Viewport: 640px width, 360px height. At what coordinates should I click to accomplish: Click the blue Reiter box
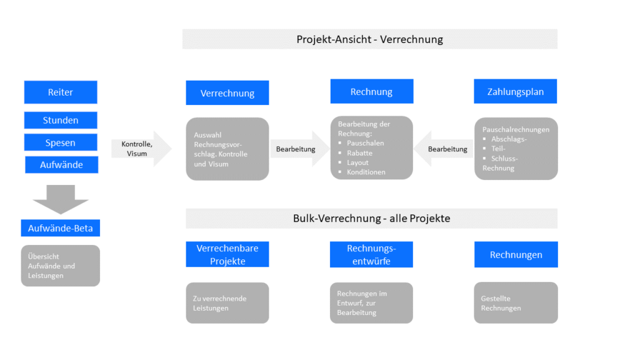tap(61, 92)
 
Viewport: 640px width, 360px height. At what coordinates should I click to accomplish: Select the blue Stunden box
tap(61, 120)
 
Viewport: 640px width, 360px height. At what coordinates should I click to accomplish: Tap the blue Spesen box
tap(61, 142)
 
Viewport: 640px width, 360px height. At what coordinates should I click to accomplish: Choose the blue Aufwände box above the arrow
tap(61, 165)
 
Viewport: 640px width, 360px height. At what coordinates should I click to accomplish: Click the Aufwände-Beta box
tap(60, 228)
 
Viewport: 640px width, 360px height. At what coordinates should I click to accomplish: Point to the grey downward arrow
tap(61, 199)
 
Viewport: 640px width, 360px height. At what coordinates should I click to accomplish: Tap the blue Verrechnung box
tap(227, 93)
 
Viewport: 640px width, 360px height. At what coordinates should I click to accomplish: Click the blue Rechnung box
tap(371, 92)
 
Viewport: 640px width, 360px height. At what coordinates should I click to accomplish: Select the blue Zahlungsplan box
tap(515, 92)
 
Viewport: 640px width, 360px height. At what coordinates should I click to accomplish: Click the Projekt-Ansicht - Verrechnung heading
tap(369, 39)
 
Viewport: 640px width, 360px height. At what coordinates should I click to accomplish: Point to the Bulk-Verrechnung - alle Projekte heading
tap(371, 219)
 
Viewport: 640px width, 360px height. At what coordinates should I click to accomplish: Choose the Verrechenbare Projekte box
tap(227, 254)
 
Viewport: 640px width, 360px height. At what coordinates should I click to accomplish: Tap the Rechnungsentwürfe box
tap(371, 254)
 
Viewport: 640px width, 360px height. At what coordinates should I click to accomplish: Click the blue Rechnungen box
tap(516, 254)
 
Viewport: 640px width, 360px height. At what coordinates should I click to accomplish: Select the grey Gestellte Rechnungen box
tap(516, 303)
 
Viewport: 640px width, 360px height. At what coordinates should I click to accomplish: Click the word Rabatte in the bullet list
tap(359, 153)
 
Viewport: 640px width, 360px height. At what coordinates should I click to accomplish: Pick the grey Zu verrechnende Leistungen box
tap(227, 303)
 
